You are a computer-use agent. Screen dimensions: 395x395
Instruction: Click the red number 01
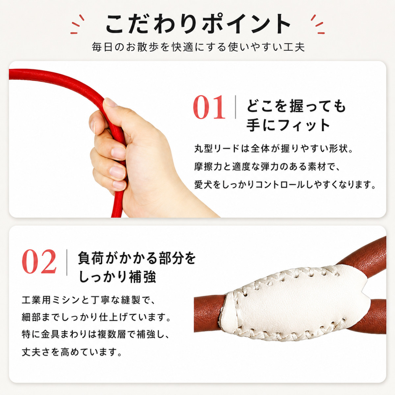(x=209, y=107)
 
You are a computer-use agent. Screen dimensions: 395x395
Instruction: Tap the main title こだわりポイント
(x=198, y=24)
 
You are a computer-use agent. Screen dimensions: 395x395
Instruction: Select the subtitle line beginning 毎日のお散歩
(x=198, y=47)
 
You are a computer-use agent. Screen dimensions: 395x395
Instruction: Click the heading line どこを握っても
(x=296, y=107)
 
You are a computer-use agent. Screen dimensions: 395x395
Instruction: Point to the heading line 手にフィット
(x=288, y=125)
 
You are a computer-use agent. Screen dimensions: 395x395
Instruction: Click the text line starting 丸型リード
(x=274, y=148)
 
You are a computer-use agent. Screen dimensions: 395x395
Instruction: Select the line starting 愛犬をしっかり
(x=285, y=185)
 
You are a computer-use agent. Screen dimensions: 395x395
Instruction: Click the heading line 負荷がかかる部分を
(x=137, y=259)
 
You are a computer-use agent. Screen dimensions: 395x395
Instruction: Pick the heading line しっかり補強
(x=117, y=277)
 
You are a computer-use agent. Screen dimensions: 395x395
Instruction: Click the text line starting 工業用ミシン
(x=89, y=301)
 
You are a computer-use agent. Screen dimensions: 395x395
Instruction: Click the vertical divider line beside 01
(x=235, y=107)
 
